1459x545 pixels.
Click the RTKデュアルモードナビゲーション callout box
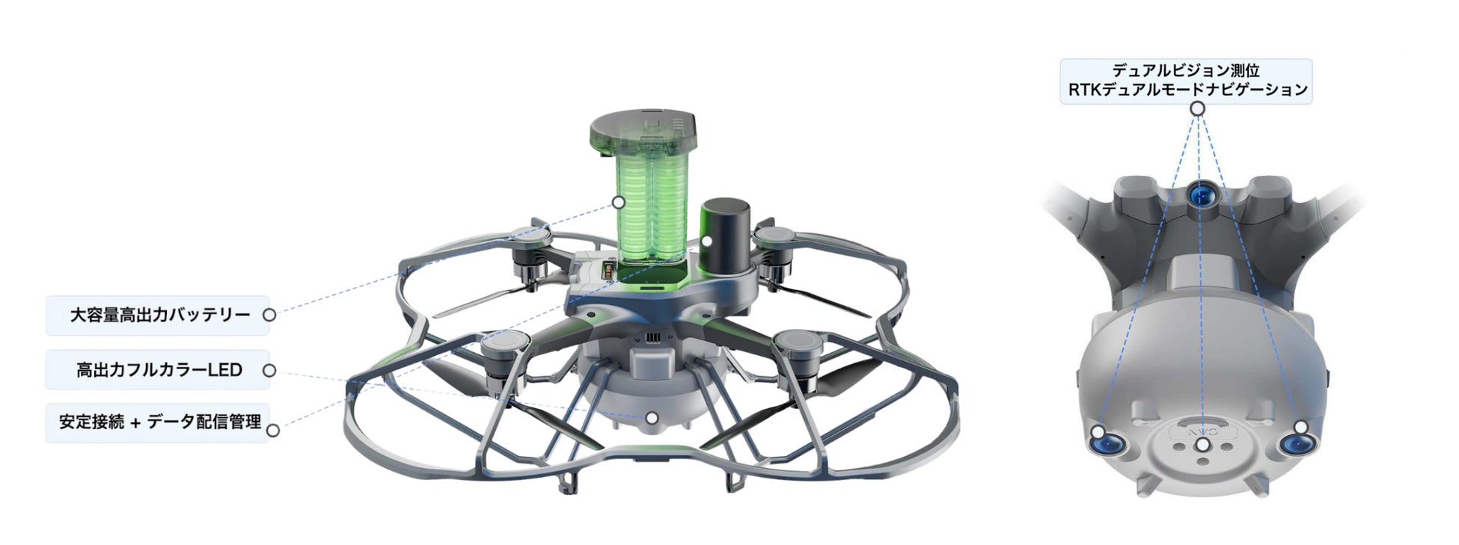pos(1186,81)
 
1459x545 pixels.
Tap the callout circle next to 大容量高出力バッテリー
pos(269,315)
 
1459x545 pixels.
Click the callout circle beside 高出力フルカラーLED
pos(269,370)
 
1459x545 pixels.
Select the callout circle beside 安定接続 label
pos(273,431)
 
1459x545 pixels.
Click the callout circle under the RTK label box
pos(1197,108)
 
